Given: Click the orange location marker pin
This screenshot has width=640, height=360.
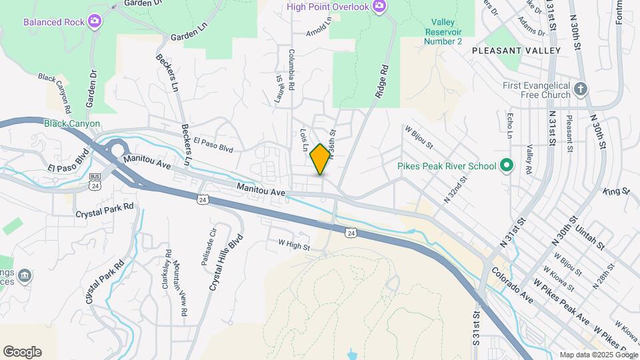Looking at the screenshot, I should pyautogui.click(x=320, y=159).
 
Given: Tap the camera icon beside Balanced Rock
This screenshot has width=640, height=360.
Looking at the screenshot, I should pyautogui.click(x=95, y=21).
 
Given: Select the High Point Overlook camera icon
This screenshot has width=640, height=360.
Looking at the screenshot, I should pyautogui.click(x=379, y=7).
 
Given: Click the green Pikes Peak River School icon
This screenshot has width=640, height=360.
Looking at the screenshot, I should pyautogui.click(x=506, y=166).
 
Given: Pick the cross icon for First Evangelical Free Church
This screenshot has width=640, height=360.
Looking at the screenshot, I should pyautogui.click(x=581, y=89).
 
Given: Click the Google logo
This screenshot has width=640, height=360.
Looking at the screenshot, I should pyautogui.click(x=22, y=351).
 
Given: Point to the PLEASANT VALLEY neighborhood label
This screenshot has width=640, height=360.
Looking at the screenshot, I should pyautogui.click(x=516, y=51).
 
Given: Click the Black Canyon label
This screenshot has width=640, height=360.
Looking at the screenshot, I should pyautogui.click(x=72, y=123).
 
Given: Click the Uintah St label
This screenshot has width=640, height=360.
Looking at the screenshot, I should pyautogui.click(x=591, y=236).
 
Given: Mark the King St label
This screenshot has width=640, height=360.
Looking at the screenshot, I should pyautogui.click(x=616, y=192).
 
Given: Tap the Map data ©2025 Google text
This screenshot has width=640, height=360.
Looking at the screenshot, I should pyautogui.click(x=598, y=355).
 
